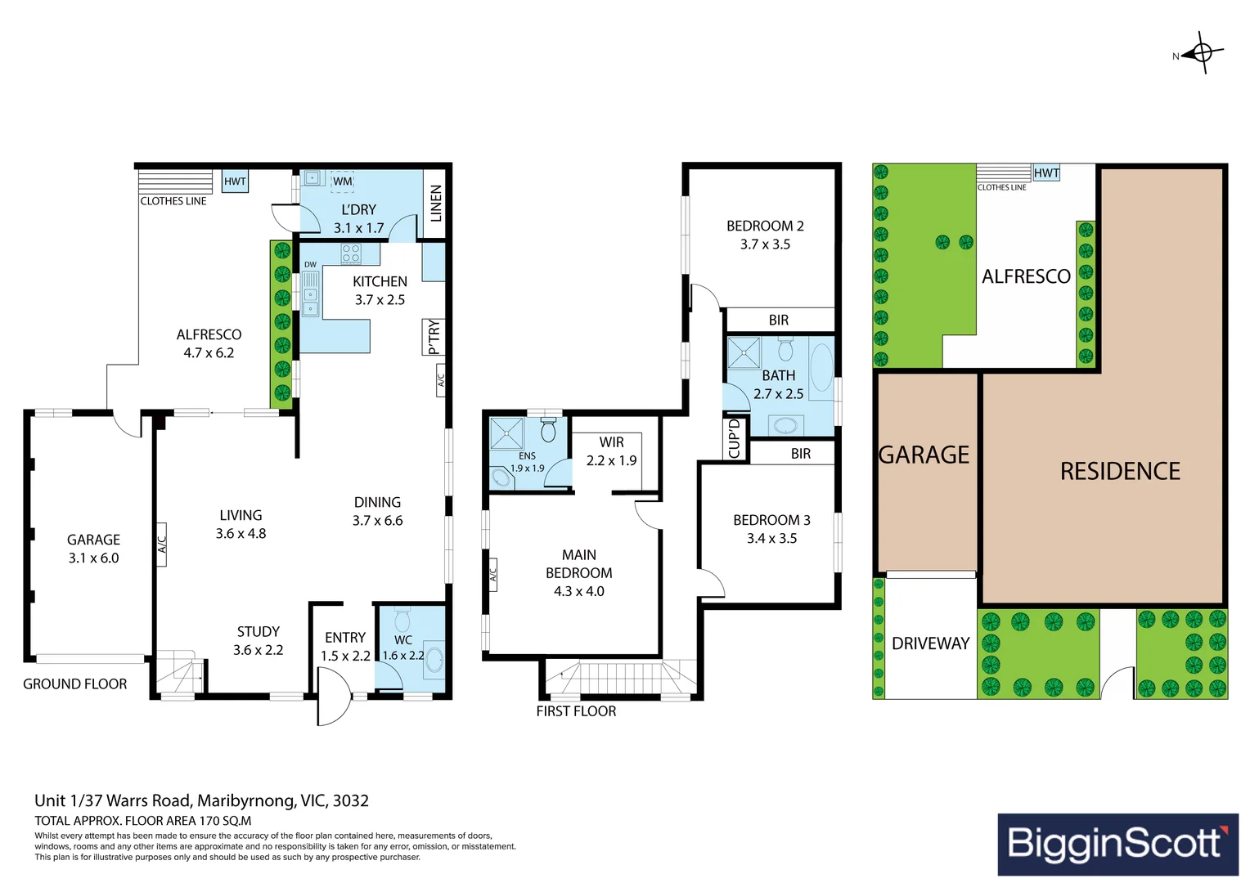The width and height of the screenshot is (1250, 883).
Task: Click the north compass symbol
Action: click(x=1202, y=53)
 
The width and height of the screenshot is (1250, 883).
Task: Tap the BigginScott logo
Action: click(x=1117, y=844)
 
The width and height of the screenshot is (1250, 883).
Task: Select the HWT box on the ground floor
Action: click(x=234, y=182)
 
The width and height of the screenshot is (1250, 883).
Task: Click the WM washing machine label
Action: click(x=342, y=181)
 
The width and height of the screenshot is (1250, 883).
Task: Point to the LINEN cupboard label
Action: click(x=436, y=203)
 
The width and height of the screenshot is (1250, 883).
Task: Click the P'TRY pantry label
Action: click(x=434, y=337)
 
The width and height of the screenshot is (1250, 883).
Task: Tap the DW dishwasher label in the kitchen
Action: click(x=310, y=264)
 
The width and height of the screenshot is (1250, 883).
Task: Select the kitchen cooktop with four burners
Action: click(x=351, y=253)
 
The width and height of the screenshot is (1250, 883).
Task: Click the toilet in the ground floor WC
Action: click(x=402, y=619)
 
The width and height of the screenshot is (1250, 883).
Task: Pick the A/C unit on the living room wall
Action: click(x=161, y=545)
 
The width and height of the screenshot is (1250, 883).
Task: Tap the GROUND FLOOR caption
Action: click(x=74, y=684)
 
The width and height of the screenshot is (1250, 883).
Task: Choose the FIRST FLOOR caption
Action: click(x=576, y=711)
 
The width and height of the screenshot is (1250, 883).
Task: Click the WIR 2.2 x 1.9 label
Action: click(x=611, y=451)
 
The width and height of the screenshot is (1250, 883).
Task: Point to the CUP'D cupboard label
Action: click(x=735, y=438)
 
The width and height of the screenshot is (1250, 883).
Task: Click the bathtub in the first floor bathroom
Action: click(x=821, y=368)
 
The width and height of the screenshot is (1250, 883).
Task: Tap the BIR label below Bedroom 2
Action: click(x=779, y=320)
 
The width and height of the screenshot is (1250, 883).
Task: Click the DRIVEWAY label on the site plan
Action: click(x=930, y=643)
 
